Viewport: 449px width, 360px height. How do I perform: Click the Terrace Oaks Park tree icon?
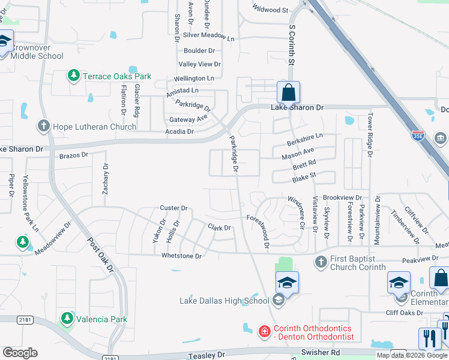pyautogui.click(x=74, y=76)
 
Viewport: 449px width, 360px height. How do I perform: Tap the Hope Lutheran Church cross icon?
pyautogui.click(x=44, y=126)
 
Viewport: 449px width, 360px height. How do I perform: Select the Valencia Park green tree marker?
pyautogui.click(x=67, y=318)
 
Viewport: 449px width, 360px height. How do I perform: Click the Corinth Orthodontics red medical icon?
pyautogui.click(x=264, y=331)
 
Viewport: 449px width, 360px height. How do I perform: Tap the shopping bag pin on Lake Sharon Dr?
pyautogui.click(x=288, y=93)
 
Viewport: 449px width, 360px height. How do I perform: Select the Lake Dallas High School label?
pyautogui.click(x=224, y=301)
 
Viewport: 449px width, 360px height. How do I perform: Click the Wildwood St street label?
pyautogui.click(x=270, y=10)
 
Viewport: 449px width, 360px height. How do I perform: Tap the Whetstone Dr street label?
pyautogui.click(x=181, y=256)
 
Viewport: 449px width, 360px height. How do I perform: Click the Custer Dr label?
pyautogui.click(x=174, y=208)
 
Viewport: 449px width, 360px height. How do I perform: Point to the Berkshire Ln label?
pyautogui.click(x=304, y=137)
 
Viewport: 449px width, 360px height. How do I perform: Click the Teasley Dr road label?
pyautogui.click(x=205, y=355)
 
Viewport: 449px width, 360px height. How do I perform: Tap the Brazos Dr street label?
pyautogui.click(x=74, y=155)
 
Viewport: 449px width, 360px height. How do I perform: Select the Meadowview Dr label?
pyautogui.click(x=52, y=238)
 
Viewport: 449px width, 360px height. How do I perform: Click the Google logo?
pyautogui.click(x=20, y=353)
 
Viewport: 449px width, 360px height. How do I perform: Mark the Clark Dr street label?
pyautogui.click(x=219, y=228)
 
